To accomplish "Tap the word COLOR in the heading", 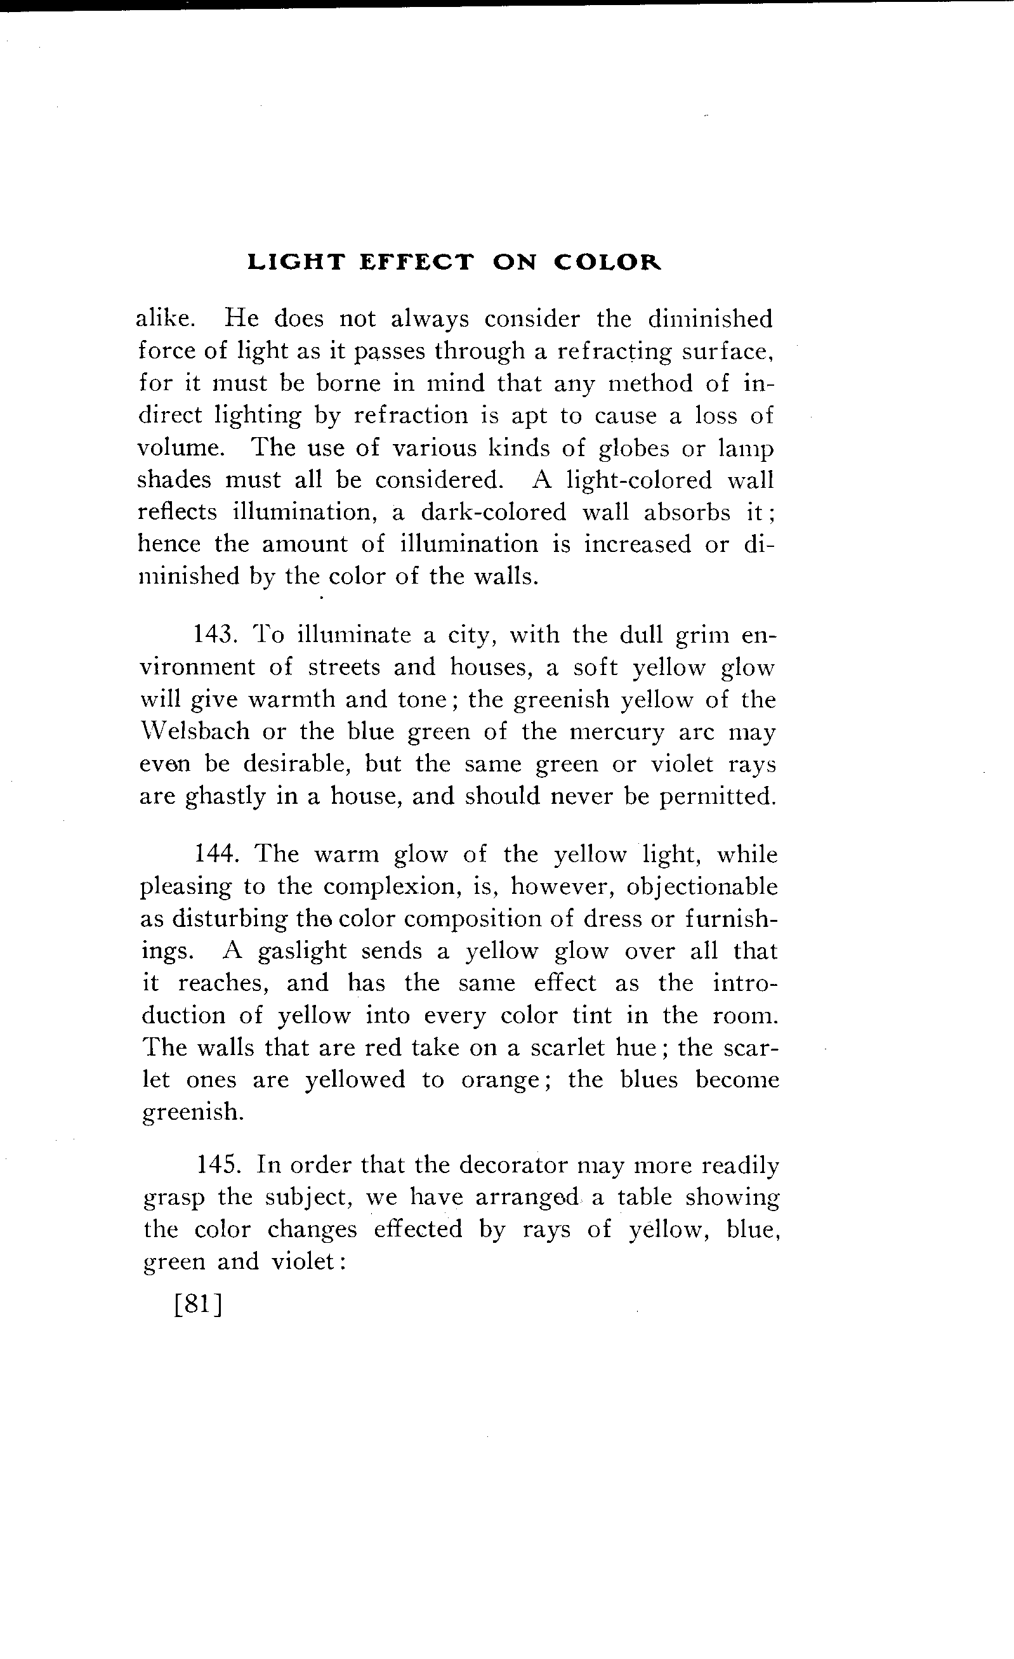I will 607,262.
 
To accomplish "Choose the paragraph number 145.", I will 216,1165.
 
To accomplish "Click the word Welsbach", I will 194,731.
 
